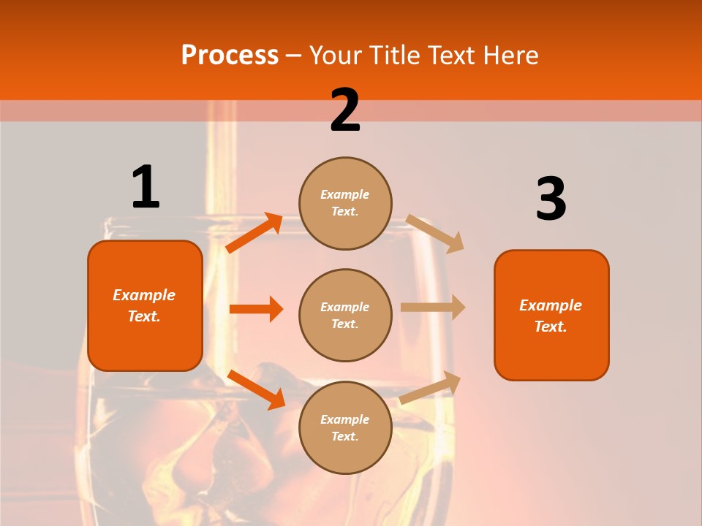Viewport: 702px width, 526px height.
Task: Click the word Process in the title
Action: [x=230, y=56]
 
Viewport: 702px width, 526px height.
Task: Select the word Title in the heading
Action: [x=395, y=56]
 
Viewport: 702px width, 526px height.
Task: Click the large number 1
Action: [x=146, y=187]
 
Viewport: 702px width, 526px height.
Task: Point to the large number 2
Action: [x=345, y=111]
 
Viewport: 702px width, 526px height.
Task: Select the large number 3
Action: [x=551, y=199]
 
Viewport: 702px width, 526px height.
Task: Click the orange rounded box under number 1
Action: [x=145, y=305]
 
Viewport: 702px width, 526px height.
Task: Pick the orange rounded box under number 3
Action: [x=551, y=316]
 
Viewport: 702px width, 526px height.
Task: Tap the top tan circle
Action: [x=345, y=203]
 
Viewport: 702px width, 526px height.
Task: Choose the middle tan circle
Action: [x=345, y=316]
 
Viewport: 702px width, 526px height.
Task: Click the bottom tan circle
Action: [x=345, y=428]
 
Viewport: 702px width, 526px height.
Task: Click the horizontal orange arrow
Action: [x=256, y=309]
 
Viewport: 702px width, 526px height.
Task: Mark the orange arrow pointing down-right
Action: [x=256, y=389]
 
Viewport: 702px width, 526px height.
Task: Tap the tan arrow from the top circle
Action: [x=435, y=233]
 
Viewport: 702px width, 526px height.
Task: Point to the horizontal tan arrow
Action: [x=433, y=308]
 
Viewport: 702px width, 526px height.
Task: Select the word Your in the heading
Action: [x=336, y=56]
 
